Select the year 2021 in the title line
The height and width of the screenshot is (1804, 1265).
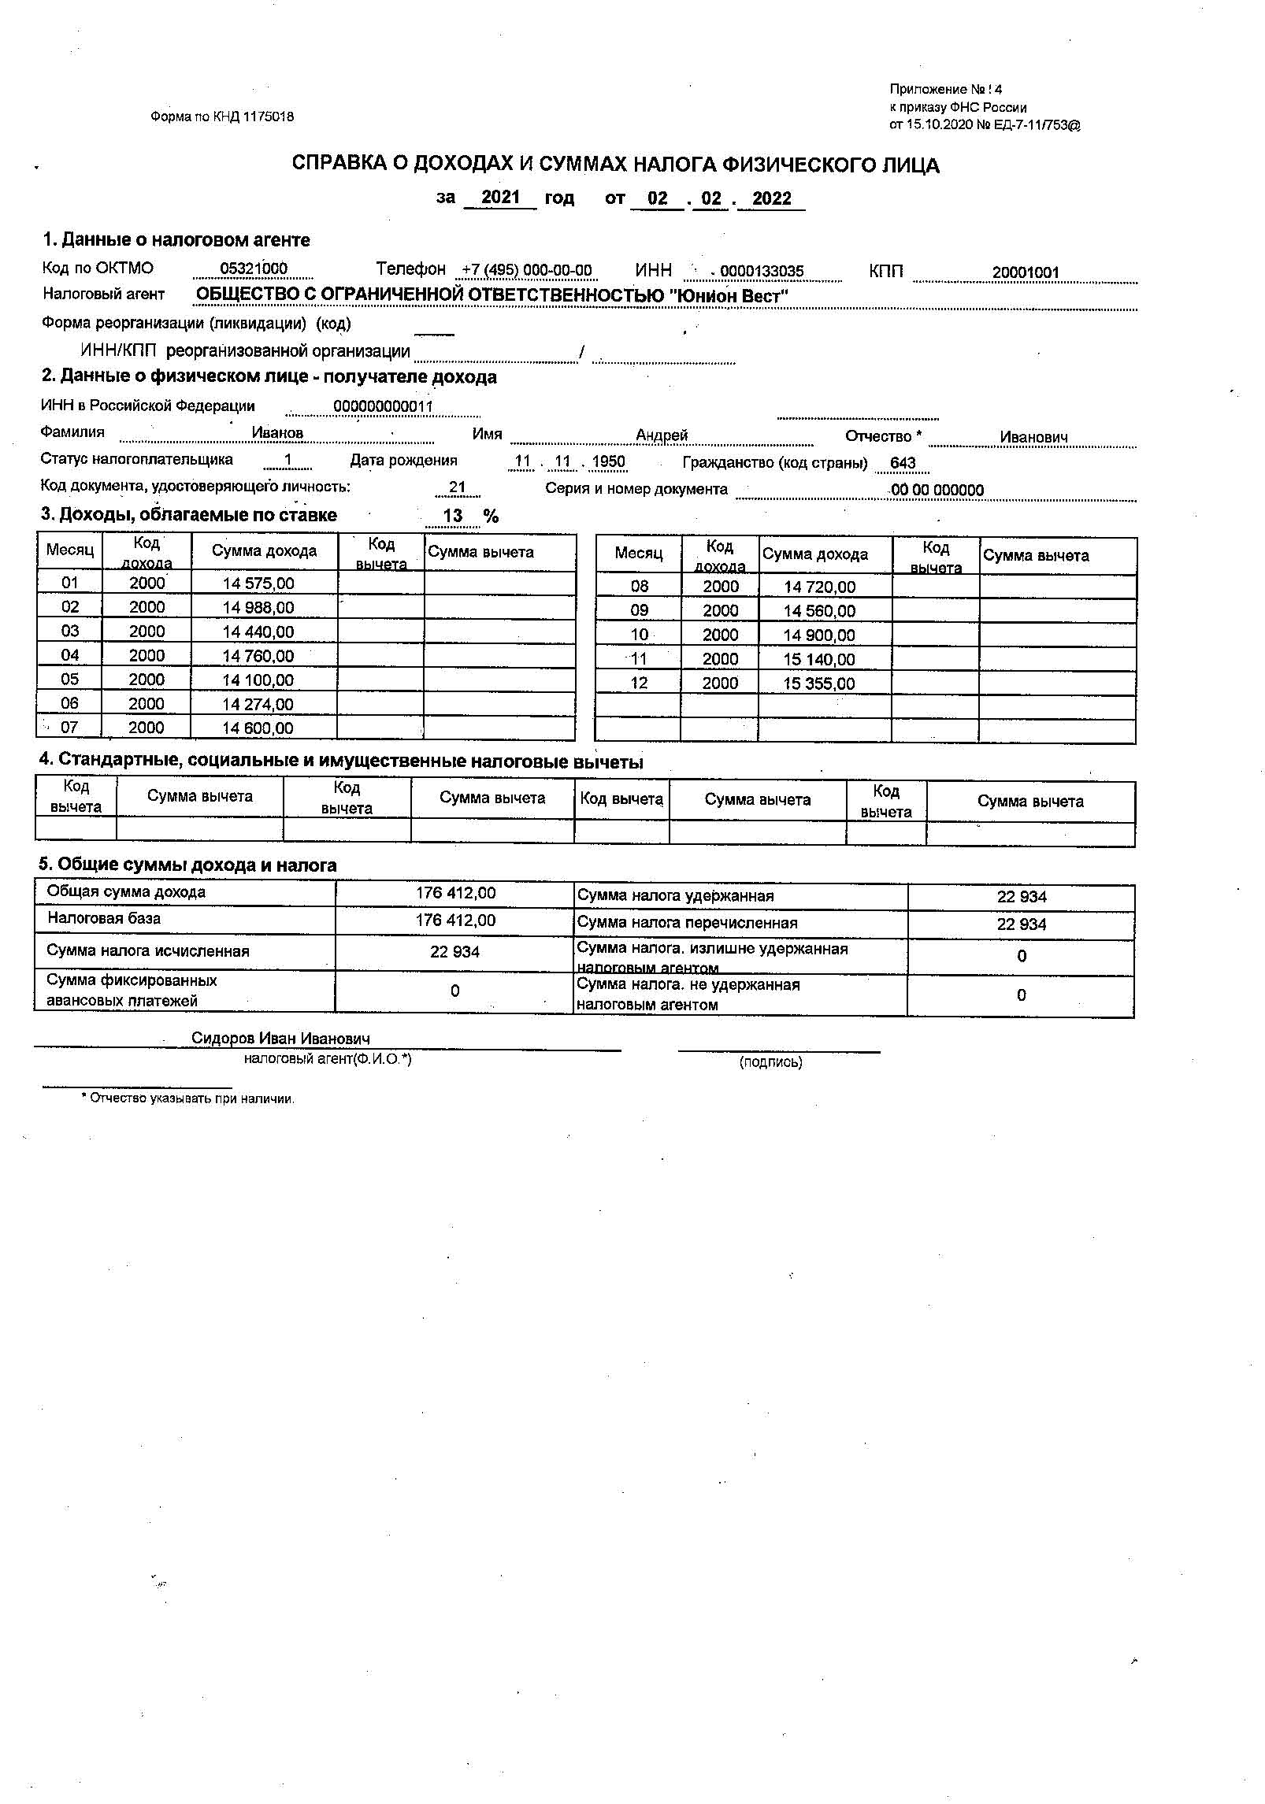pos(500,197)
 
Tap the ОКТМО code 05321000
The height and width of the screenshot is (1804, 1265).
pos(254,269)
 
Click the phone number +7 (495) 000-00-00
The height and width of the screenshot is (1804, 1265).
pos(526,270)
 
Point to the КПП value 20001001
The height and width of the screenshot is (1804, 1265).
pos(1025,272)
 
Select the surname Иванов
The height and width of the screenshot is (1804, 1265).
pos(277,432)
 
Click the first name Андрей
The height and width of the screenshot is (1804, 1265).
pos(662,435)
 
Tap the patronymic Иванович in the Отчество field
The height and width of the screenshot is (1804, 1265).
pos(1033,437)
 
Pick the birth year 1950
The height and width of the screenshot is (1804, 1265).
pos(608,461)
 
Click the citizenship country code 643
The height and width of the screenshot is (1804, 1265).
pos(903,463)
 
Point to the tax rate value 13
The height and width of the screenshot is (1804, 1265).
pos(453,516)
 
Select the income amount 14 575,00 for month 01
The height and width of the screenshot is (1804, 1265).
pos(258,583)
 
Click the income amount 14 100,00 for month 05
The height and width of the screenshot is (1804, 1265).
pos(258,680)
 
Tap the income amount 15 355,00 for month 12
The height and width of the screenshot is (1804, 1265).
pos(818,683)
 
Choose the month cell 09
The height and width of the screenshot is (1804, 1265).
pos(639,610)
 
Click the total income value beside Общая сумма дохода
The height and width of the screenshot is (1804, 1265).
pos(455,893)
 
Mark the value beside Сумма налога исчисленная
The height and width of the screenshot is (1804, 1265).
pos(454,951)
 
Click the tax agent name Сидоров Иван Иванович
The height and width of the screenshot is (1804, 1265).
pos(280,1039)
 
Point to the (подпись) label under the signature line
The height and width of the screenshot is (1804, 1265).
pos(770,1062)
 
